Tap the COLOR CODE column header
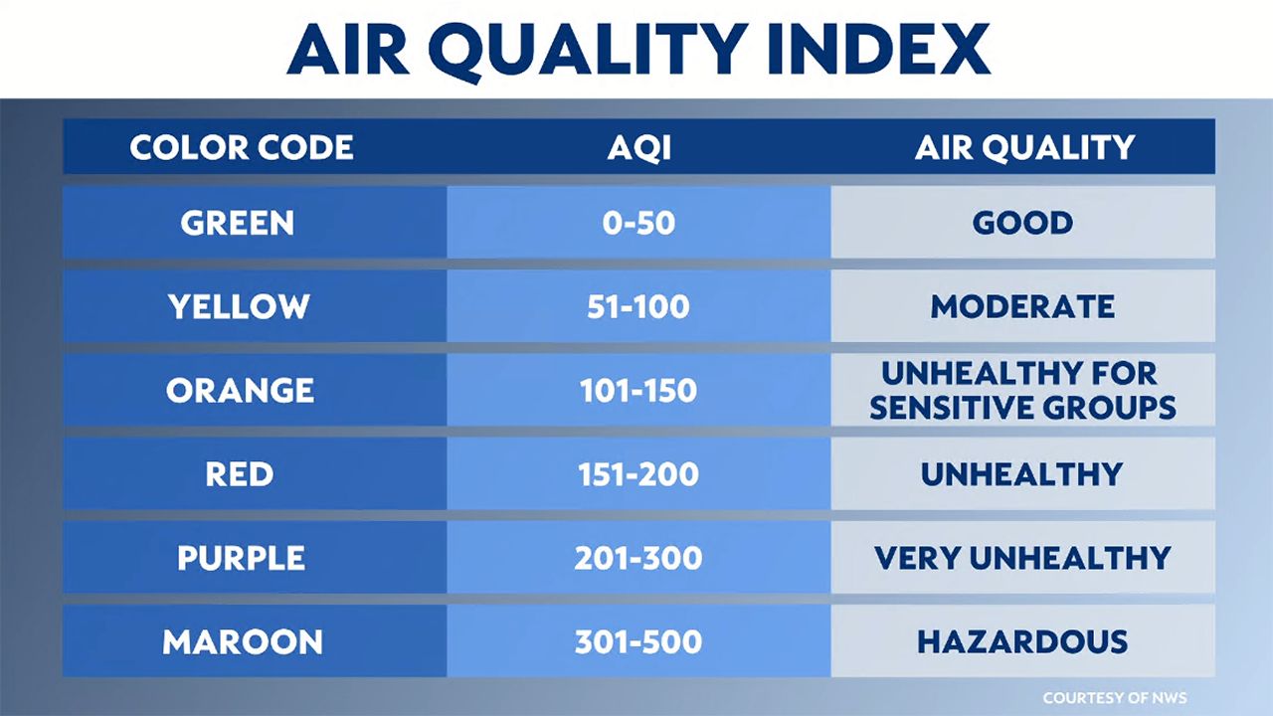[x=242, y=148]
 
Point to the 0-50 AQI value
[x=638, y=223]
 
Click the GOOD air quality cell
[x=1023, y=223]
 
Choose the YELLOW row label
[x=239, y=307]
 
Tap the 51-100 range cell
[x=638, y=307]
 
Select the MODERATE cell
[x=1023, y=307]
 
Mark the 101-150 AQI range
[x=638, y=391]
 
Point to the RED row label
[x=240, y=474]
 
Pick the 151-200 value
[x=638, y=474]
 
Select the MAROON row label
[x=243, y=642]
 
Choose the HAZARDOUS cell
[x=1022, y=642]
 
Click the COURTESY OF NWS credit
[x=1115, y=698]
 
